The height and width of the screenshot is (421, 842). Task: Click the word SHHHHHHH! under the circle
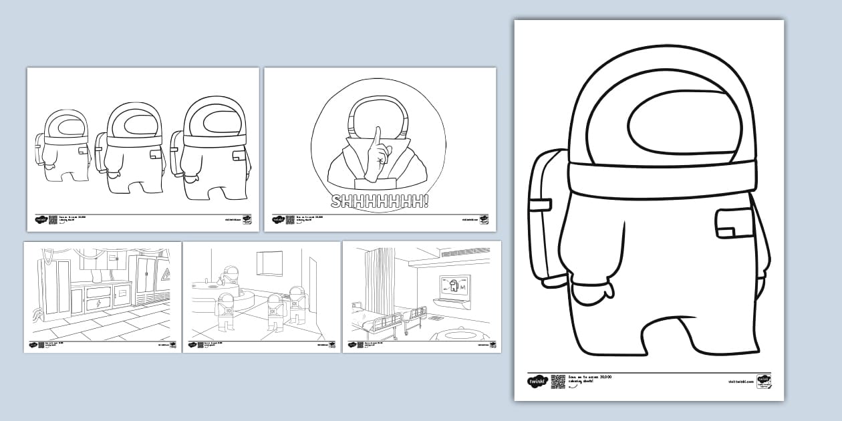(x=380, y=202)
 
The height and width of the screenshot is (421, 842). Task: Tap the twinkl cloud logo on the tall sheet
(x=537, y=382)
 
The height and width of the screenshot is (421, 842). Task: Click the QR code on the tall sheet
(x=558, y=382)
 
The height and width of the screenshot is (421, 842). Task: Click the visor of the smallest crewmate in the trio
(x=69, y=126)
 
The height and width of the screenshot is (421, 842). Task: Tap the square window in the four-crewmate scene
(x=270, y=262)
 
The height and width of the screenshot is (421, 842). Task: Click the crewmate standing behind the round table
(x=231, y=276)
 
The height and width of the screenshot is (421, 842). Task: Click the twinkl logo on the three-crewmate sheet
(x=40, y=219)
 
